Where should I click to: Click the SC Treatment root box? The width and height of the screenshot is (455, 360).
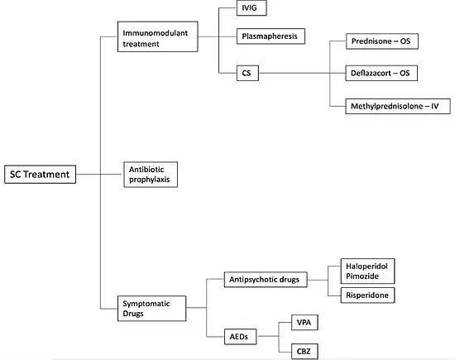click(x=40, y=174)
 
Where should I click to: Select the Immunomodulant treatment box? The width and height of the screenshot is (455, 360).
click(x=157, y=36)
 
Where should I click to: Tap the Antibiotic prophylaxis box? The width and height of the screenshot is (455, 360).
click(x=151, y=175)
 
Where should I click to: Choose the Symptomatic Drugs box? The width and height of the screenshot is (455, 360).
click(x=151, y=309)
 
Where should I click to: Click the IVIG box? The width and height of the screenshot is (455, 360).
click(x=251, y=7)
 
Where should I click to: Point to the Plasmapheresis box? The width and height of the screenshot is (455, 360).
click(x=271, y=36)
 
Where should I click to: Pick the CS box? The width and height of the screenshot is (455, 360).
click(x=247, y=73)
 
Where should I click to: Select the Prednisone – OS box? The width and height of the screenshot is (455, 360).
click(x=382, y=41)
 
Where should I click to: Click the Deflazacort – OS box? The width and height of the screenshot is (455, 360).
click(x=381, y=73)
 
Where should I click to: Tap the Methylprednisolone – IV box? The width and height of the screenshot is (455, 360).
click(x=398, y=106)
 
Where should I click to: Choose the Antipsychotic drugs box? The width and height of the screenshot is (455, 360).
click(x=266, y=280)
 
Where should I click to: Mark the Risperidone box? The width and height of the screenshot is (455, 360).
click(x=367, y=295)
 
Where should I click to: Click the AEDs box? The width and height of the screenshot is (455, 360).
click(x=241, y=337)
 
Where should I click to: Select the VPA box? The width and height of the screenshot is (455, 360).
click(x=304, y=323)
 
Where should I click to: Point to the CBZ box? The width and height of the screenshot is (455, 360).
click(x=304, y=352)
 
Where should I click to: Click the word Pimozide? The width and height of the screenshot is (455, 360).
click(x=362, y=276)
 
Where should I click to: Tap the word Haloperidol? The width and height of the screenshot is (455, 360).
click(x=366, y=266)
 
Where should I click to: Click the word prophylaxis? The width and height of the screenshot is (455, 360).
click(x=150, y=180)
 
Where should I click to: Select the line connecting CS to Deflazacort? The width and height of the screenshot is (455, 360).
click(x=302, y=73)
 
